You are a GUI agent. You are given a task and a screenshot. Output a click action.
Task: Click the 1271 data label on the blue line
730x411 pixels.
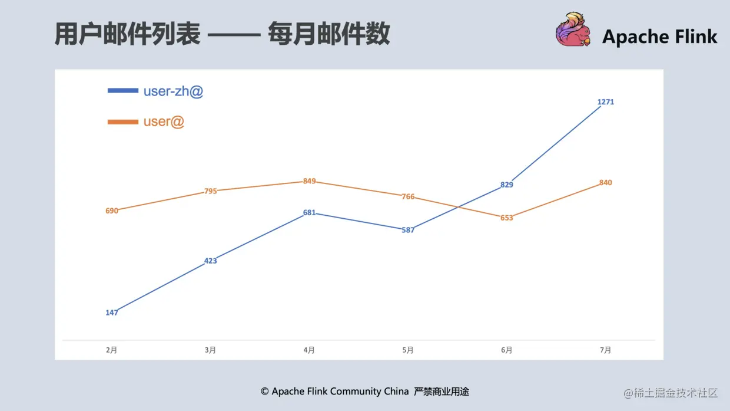(605, 102)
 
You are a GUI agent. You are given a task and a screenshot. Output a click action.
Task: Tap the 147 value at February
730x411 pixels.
(112, 313)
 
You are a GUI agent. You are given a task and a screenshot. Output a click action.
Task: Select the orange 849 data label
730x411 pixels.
(310, 181)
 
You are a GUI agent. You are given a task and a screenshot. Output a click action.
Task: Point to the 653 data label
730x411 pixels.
(507, 218)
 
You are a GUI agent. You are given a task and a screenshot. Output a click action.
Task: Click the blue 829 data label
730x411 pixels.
(507, 185)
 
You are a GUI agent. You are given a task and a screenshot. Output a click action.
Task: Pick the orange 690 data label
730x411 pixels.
(112, 211)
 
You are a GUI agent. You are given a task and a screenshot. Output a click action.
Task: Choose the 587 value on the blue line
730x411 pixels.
(408, 230)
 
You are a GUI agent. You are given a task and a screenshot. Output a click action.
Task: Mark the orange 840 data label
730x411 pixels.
(605, 183)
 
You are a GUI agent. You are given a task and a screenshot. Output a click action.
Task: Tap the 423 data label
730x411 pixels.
(211, 261)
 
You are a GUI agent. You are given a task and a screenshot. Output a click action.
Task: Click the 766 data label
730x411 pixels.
(408, 196)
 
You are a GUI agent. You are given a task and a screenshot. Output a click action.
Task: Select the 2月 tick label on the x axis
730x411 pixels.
(112, 350)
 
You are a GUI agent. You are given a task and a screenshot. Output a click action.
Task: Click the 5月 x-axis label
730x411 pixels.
(408, 350)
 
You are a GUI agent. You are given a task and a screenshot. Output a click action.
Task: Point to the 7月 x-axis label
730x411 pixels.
(605, 350)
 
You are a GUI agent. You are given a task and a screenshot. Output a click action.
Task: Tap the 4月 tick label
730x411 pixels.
(309, 350)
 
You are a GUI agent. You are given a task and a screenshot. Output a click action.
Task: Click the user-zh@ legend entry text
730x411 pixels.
(173, 91)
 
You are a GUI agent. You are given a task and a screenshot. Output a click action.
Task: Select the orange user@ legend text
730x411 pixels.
(164, 121)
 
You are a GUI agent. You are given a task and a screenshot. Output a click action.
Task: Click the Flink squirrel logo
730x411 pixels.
(572, 29)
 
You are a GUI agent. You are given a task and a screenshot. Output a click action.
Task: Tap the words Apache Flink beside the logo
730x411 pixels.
(659, 37)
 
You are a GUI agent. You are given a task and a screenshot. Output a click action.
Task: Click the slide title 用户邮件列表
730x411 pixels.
(127, 34)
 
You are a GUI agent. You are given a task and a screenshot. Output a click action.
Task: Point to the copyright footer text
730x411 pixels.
(365, 392)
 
